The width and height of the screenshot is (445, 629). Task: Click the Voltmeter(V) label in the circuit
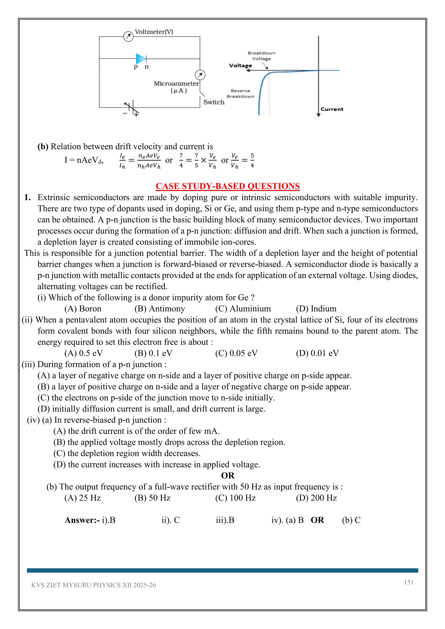(154, 32)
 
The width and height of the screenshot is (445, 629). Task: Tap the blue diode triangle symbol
(141, 59)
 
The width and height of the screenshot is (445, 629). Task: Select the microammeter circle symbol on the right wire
(200, 75)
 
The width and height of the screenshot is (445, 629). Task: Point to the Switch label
(214, 102)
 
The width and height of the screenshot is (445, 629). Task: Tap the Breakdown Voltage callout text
(261, 56)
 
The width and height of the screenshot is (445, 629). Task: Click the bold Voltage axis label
(240, 65)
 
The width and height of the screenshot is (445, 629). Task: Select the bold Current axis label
(332, 109)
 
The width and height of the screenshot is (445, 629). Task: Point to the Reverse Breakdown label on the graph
(240, 94)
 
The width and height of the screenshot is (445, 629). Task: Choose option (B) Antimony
(159, 309)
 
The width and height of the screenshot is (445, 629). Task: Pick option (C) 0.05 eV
(236, 353)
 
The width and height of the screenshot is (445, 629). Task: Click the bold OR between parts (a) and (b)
(227, 476)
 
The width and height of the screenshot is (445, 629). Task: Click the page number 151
(408, 582)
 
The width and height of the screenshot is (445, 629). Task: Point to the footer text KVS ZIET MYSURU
(93, 585)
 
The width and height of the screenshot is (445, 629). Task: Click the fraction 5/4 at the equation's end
(252, 161)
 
